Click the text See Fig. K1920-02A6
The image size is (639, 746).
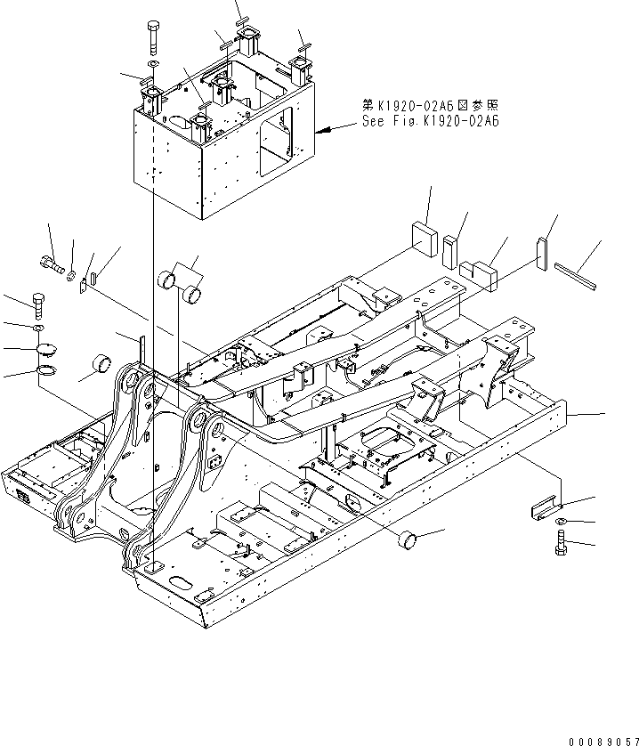point(430,122)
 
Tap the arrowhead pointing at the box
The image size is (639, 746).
point(326,130)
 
